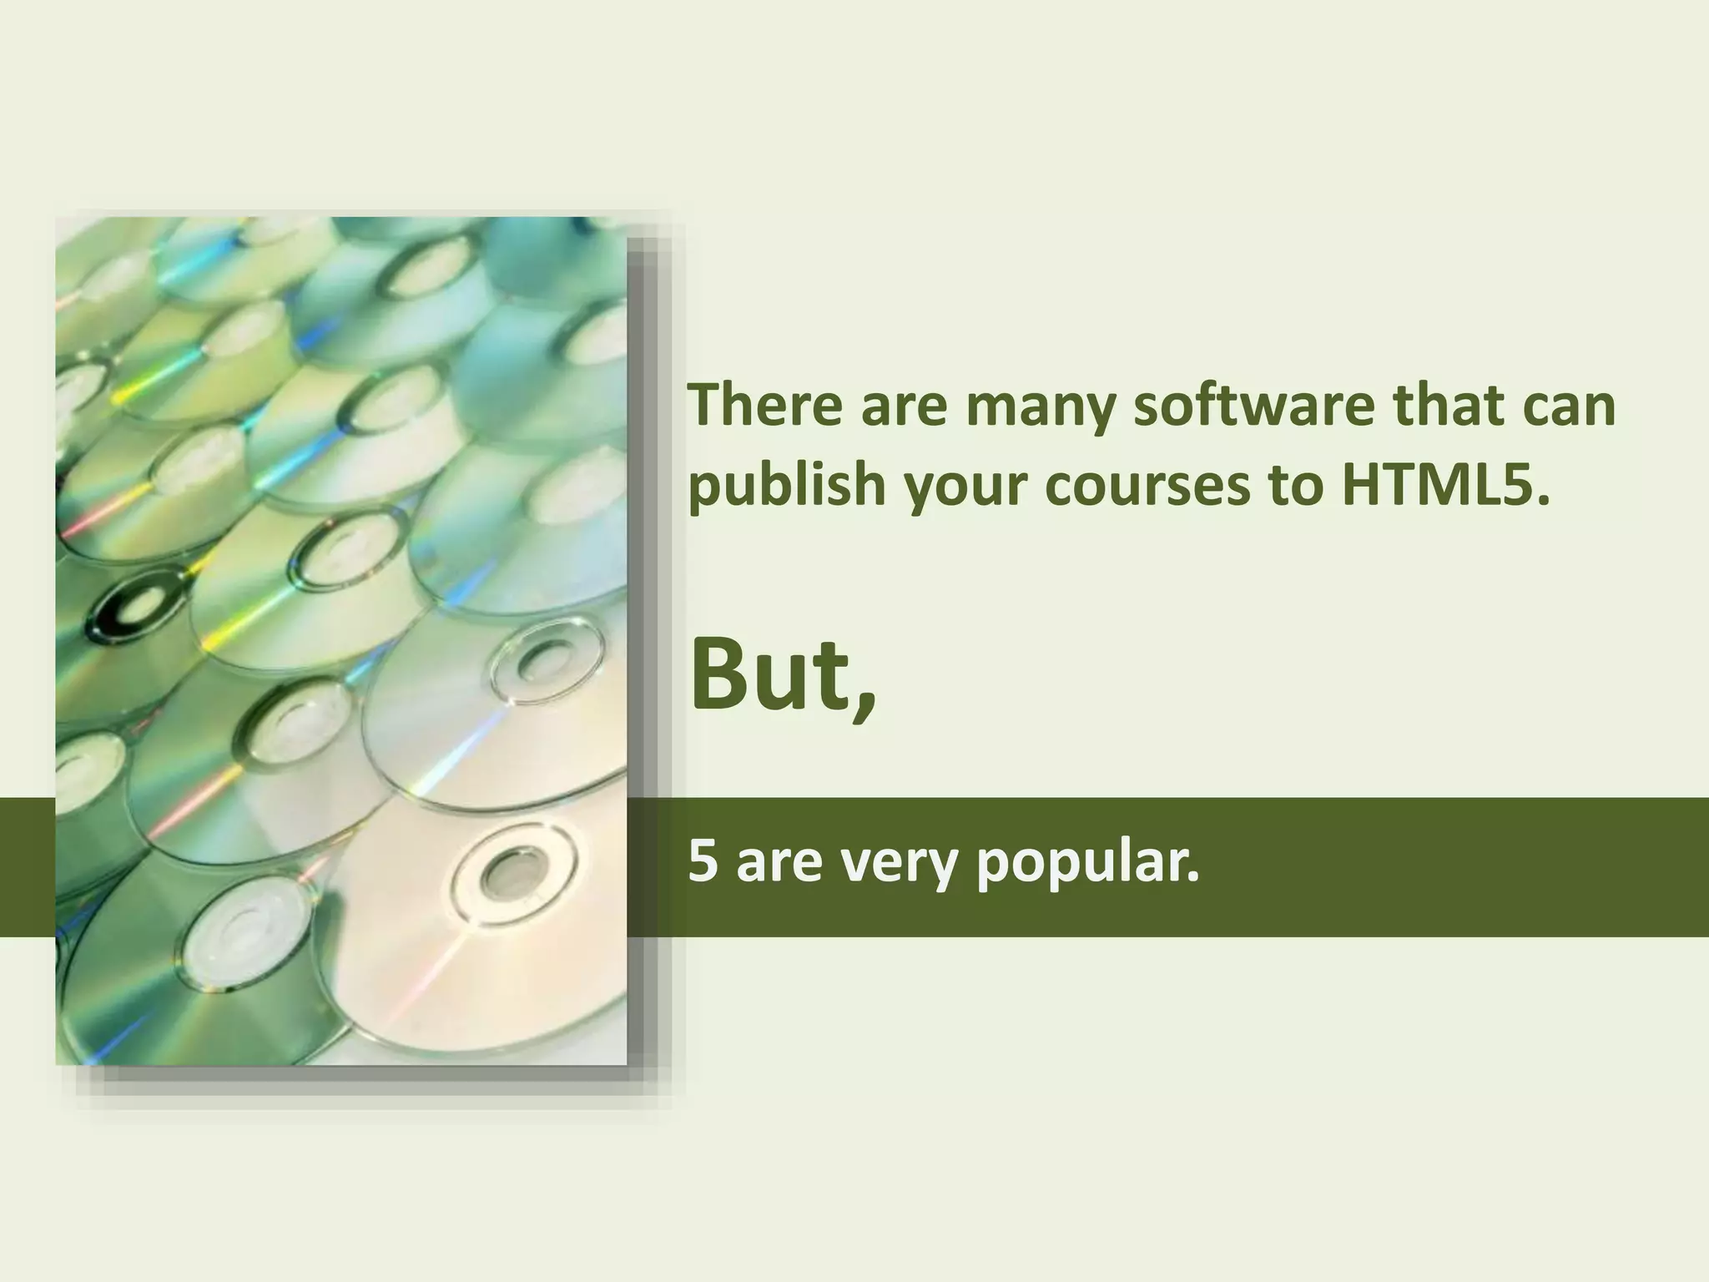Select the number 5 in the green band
tap(703, 863)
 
